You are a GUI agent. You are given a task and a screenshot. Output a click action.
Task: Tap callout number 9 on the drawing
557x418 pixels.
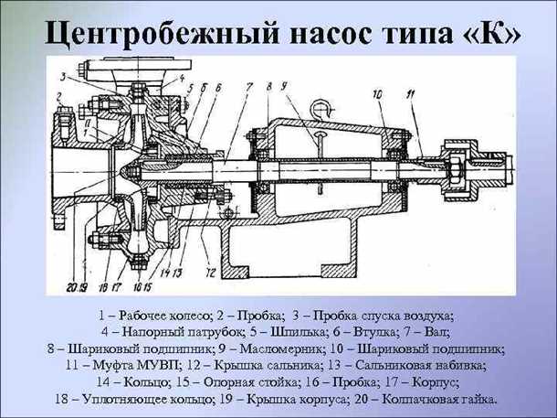point(284,85)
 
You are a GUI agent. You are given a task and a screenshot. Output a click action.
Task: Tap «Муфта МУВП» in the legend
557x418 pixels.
point(137,365)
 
